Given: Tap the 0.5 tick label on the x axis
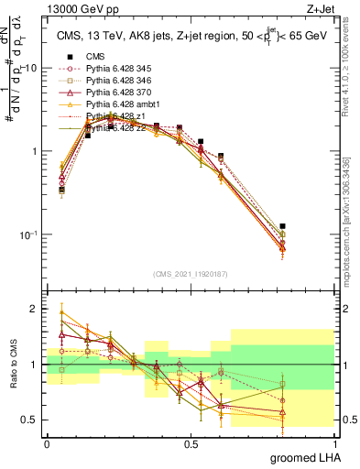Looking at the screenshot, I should pos(191,442).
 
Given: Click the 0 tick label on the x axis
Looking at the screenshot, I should pos(47,442).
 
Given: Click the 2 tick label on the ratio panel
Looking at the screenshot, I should pos(36,309).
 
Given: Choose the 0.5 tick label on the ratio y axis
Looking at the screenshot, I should pos(31,420).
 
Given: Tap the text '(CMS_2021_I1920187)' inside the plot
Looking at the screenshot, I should pos(191,272).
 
